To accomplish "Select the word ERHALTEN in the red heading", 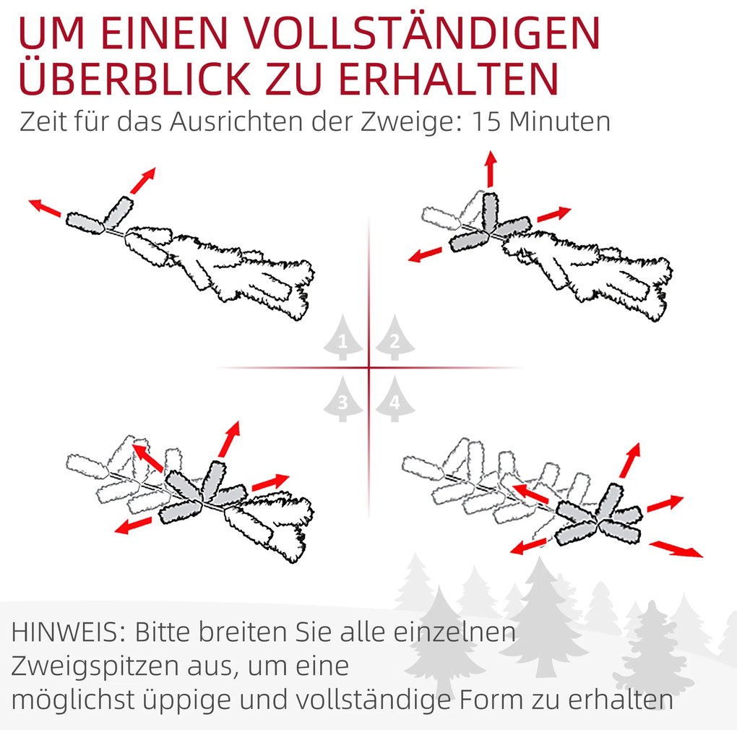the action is pyautogui.click(x=449, y=78).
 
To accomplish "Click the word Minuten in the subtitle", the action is pyautogui.click(x=560, y=121).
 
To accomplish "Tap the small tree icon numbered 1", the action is pyautogui.click(x=343, y=337).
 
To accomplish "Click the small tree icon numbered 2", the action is pyautogui.click(x=395, y=337).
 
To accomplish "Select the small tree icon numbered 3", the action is pyautogui.click(x=343, y=399).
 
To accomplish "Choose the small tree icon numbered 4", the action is pyautogui.click(x=395, y=399).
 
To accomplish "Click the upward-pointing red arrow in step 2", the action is pyautogui.click(x=491, y=169).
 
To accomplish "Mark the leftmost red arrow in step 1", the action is pyautogui.click(x=45, y=207).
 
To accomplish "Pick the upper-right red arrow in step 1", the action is pyautogui.click(x=142, y=181).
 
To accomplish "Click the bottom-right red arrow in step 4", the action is pyautogui.click(x=676, y=549).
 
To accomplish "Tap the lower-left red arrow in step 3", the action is pyautogui.click(x=134, y=525).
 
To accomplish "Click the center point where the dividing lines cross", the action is pyautogui.click(x=369, y=367).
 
